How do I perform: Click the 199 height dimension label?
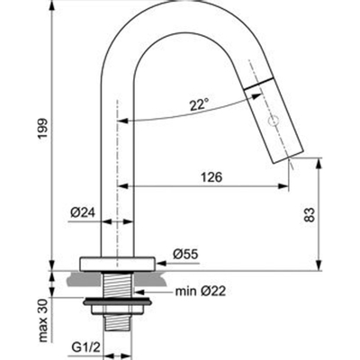click(42, 129)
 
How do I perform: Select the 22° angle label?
click(199, 104)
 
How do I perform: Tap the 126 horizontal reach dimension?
click(211, 177)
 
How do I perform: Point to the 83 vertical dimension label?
click(310, 214)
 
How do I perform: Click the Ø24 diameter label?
click(83, 212)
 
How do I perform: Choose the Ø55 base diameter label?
click(185, 255)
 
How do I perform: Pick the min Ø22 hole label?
click(201, 291)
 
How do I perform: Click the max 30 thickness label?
click(43, 320)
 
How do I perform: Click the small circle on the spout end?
click(274, 121)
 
